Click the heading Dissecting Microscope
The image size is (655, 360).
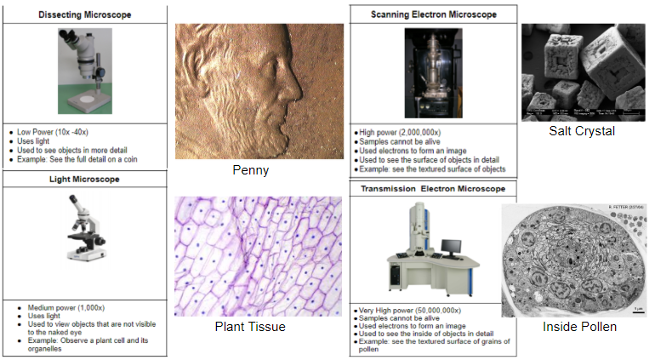(84, 14)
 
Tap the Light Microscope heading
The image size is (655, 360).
(84, 180)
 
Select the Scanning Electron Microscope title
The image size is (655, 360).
(433, 15)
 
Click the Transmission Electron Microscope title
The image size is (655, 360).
(433, 188)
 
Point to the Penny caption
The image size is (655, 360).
(250, 170)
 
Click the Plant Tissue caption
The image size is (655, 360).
(250, 327)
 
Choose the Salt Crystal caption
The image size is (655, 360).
(582, 131)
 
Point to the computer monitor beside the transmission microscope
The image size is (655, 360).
(452, 248)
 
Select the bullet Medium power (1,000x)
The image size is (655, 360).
(60, 307)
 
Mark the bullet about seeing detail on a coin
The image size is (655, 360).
(77, 159)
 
